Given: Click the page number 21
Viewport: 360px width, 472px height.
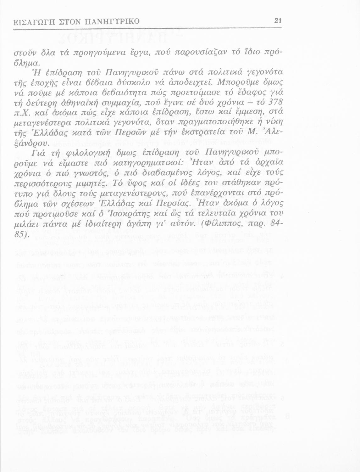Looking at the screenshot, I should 278,21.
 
